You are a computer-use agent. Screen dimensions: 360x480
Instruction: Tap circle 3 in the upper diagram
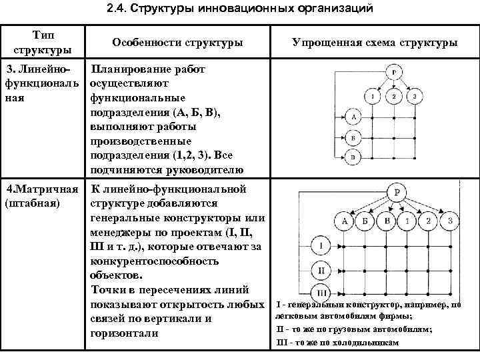pyautogui.click(x=415, y=97)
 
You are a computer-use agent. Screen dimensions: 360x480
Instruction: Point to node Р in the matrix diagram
pyautogui.click(x=397, y=193)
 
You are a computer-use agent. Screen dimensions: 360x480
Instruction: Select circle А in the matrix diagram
pyautogui.click(x=344, y=221)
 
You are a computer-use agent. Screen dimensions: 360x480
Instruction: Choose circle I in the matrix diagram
pyautogui.click(x=321, y=247)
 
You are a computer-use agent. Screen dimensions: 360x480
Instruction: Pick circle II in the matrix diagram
pyautogui.click(x=321, y=271)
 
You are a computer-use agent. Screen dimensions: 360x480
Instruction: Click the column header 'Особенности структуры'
pyautogui.click(x=177, y=43)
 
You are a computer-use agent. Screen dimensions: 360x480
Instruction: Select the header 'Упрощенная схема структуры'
pyautogui.click(x=375, y=43)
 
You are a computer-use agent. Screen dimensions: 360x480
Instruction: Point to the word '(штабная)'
pyautogui.click(x=33, y=203)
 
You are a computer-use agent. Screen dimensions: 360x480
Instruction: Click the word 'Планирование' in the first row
pyautogui.click(x=131, y=69)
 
